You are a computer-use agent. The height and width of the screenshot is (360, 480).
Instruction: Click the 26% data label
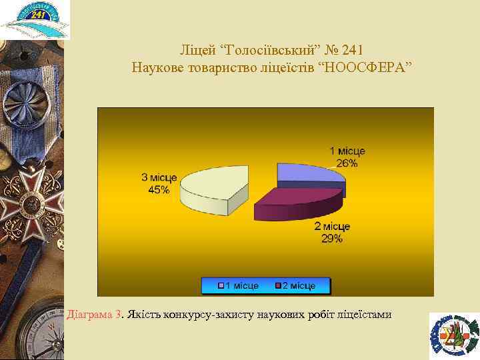tap(347, 163)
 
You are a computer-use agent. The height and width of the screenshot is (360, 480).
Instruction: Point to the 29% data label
tap(332, 238)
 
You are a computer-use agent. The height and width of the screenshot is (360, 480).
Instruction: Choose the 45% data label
tap(159, 189)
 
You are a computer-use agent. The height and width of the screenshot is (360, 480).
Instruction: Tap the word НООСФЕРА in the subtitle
tap(368, 68)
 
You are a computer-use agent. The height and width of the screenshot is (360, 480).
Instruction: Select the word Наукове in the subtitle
tap(156, 68)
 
